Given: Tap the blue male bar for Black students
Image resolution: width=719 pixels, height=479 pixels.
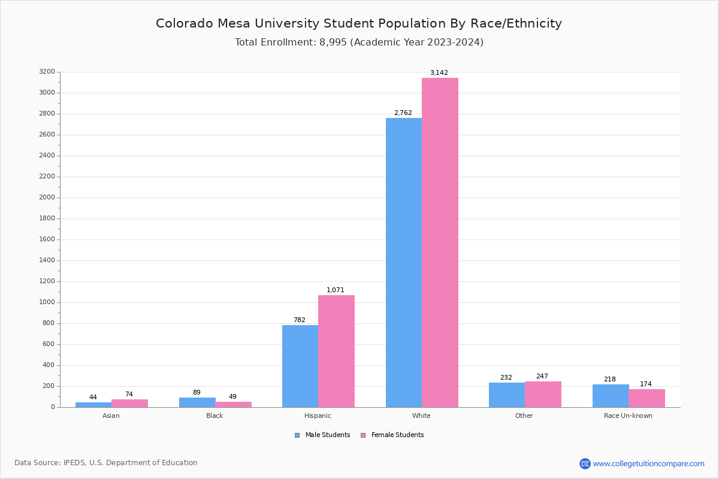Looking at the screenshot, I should tap(197, 402).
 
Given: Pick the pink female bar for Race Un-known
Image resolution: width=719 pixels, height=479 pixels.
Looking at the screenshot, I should tap(647, 398).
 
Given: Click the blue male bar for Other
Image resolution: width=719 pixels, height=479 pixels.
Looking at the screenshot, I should tap(507, 395).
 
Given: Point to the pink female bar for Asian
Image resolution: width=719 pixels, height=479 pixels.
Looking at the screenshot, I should tap(129, 403).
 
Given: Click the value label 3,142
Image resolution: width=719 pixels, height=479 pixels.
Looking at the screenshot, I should tap(439, 73).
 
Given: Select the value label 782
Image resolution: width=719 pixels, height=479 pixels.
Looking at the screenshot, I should tap(299, 320).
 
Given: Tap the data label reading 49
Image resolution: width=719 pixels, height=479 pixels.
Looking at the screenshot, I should tap(232, 397).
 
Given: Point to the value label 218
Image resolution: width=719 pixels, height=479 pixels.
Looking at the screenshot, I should tap(609, 380).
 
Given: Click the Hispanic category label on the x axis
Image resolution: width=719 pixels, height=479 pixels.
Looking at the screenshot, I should tap(318, 416).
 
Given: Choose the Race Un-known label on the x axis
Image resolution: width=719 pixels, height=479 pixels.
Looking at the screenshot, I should tap(628, 416).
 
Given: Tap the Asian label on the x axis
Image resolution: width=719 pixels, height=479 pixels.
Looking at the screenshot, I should tap(111, 416).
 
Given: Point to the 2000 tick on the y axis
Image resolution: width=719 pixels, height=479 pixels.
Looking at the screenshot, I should tap(47, 198).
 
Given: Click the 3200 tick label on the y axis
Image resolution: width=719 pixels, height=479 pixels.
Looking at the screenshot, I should tap(47, 72).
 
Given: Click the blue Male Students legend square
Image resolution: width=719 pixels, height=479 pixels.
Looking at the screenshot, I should tap(297, 435).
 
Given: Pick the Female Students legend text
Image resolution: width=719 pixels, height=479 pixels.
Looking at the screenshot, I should tap(397, 435).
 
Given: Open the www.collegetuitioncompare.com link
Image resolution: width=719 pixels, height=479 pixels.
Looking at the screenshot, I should tap(648, 463).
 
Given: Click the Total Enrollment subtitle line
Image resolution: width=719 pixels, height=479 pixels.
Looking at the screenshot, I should tap(359, 43).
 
